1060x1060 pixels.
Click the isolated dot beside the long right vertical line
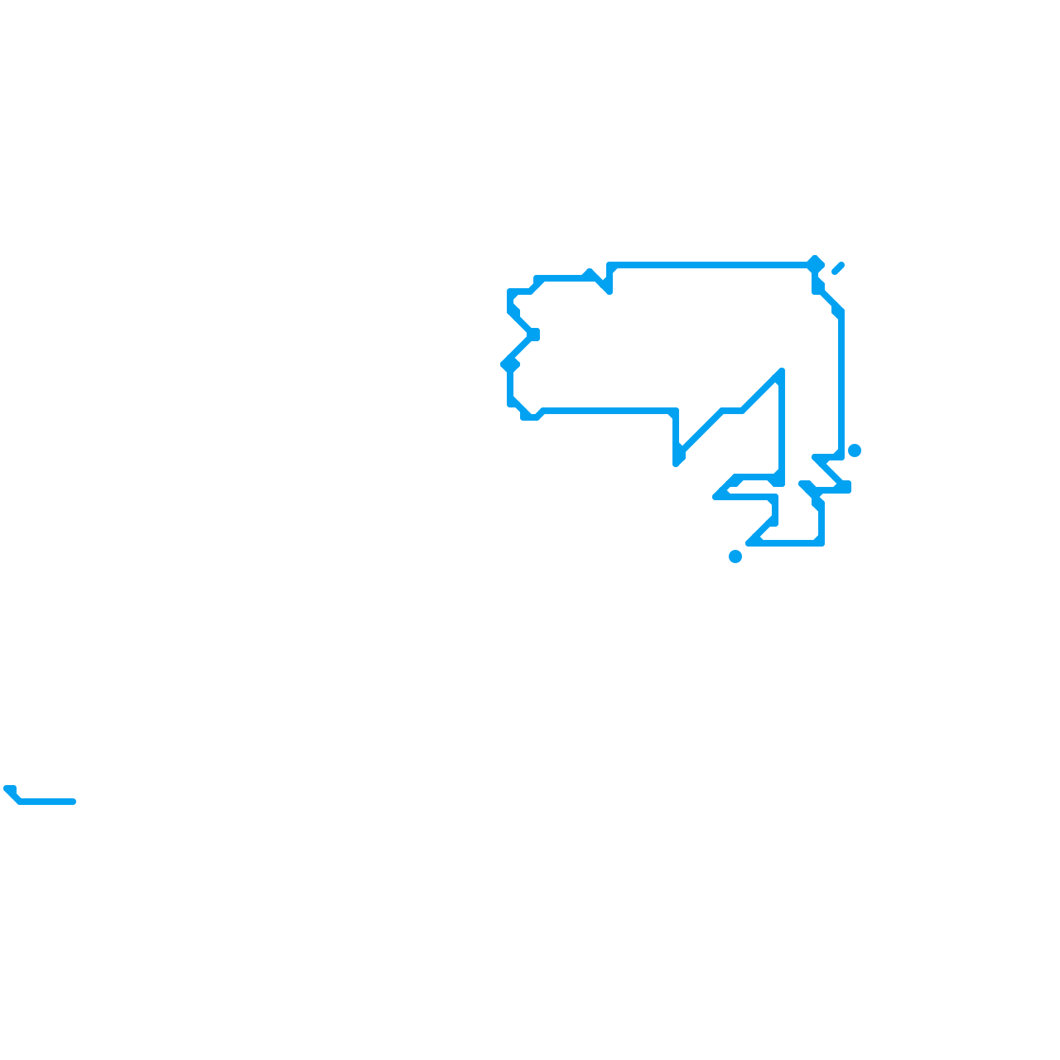[855, 450]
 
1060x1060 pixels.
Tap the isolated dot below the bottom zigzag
[735, 556]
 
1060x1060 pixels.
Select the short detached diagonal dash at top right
[838, 268]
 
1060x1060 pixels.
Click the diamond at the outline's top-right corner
[816, 264]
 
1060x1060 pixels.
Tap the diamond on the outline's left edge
[510, 364]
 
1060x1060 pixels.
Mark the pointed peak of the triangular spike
[782, 371]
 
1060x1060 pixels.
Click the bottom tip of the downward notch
[676, 462]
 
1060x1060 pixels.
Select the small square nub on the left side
[534, 335]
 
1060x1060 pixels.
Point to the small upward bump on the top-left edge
[588, 272]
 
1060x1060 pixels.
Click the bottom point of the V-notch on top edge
[608, 290]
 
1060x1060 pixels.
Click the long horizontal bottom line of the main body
[606, 411]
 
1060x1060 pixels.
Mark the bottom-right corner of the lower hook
[821, 543]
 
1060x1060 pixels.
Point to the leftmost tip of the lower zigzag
[715, 496]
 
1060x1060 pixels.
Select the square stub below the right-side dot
[846, 487]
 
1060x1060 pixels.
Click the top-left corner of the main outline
[510, 291]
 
